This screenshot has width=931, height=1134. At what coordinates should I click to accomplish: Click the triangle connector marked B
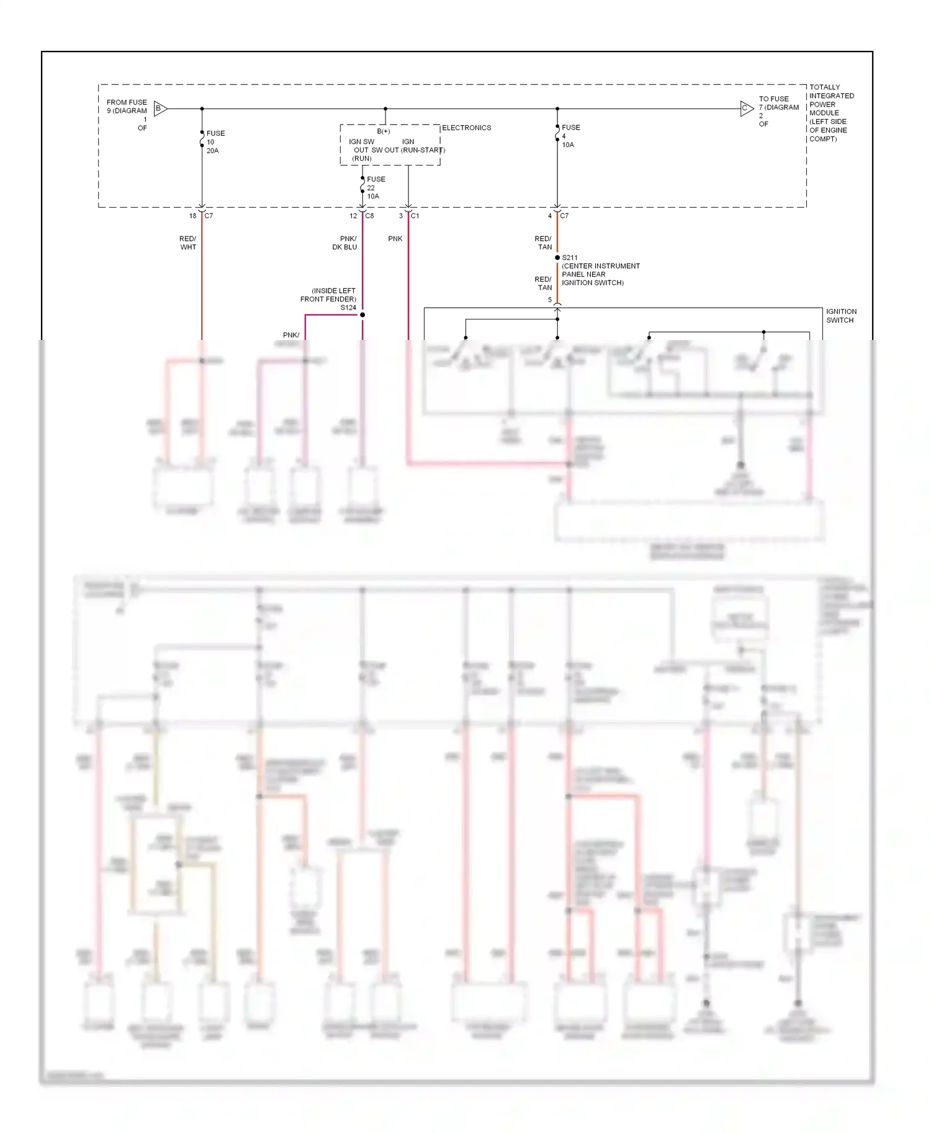(x=160, y=109)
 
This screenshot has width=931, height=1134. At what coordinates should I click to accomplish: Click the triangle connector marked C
(x=747, y=109)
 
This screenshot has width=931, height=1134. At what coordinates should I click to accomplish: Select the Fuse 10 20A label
(x=215, y=142)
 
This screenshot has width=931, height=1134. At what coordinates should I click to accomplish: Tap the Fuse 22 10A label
(x=376, y=187)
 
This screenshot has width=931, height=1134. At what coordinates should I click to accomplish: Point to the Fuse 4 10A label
(x=570, y=136)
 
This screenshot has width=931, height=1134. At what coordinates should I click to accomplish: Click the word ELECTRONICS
(x=466, y=128)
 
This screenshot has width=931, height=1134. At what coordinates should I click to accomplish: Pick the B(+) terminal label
(x=384, y=132)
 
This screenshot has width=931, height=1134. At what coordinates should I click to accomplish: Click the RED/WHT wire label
(x=188, y=243)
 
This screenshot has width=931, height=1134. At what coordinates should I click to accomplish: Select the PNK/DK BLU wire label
(x=345, y=243)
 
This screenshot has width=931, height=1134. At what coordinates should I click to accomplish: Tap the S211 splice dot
(x=557, y=257)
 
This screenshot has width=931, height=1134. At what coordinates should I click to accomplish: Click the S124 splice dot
(x=362, y=315)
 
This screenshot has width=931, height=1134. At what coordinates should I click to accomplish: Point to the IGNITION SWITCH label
(x=840, y=316)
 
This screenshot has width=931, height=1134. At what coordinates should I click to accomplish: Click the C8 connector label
(x=369, y=216)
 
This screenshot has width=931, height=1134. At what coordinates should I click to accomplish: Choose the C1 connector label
(x=415, y=216)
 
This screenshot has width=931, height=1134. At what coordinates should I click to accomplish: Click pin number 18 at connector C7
(x=192, y=216)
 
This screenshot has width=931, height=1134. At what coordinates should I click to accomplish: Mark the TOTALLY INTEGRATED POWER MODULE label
(x=831, y=113)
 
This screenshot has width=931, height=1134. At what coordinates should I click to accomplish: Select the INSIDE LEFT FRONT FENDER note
(x=329, y=295)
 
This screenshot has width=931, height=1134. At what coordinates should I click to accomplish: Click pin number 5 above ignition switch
(x=549, y=300)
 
